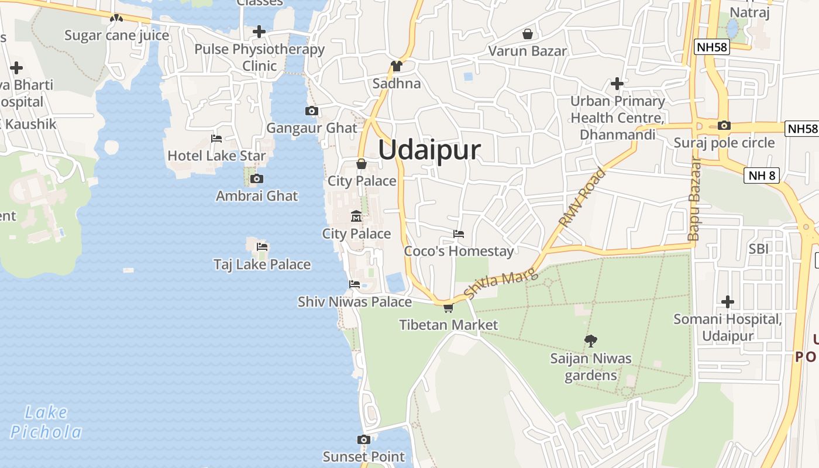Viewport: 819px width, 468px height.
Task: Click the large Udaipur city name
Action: click(x=429, y=150)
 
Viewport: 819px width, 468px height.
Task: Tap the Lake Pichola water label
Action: click(x=46, y=422)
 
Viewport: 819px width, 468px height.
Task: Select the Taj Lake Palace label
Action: click(x=262, y=264)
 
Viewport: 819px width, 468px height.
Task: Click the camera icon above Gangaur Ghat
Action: click(x=312, y=111)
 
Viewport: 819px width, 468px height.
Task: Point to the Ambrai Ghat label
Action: click(x=257, y=196)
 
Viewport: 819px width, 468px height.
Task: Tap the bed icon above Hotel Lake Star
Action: click(x=216, y=139)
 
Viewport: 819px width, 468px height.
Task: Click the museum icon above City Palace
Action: click(x=356, y=217)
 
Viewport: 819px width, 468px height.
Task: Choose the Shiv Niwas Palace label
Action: click(x=355, y=302)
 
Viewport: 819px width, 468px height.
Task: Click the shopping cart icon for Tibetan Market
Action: click(x=448, y=308)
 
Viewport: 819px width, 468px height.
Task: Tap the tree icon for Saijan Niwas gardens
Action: click(x=591, y=340)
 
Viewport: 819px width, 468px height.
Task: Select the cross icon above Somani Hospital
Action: click(x=728, y=302)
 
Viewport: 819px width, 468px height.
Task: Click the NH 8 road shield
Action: click(x=762, y=175)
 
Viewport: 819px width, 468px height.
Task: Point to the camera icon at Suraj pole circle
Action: click(x=724, y=125)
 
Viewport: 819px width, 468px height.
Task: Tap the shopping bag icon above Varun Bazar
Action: click(x=528, y=34)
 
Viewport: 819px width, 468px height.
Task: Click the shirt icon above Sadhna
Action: click(x=397, y=66)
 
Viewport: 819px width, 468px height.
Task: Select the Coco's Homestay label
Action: click(x=459, y=252)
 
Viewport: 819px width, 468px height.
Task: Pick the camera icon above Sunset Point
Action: click(x=364, y=440)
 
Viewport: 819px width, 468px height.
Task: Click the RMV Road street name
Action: click(x=582, y=198)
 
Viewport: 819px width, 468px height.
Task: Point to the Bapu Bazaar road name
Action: click(x=694, y=199)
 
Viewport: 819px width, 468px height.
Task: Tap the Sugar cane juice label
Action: click(x=116, y=35)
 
